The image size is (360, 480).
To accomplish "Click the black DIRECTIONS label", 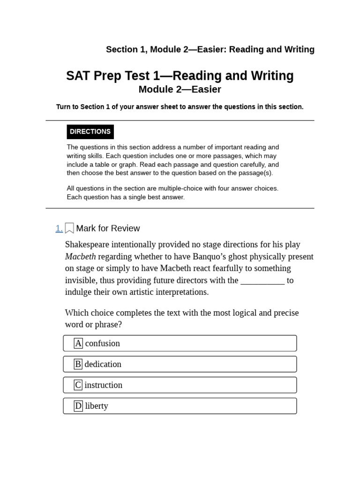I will click(90, 132).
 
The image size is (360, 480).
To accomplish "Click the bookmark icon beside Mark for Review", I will click(69, 228).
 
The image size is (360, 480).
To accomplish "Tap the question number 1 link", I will click(59, 228).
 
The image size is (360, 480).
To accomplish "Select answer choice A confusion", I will click(180, 343).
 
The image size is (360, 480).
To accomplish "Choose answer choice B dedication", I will click(180, 364).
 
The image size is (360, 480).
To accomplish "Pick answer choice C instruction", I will click(180, 385).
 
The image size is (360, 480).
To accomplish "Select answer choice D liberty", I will click(180, 406).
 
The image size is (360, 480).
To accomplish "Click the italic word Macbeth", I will click(80, 256).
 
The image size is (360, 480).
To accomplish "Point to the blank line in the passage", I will click(262, 280).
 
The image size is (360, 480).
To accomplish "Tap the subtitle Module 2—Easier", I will click(180, 89).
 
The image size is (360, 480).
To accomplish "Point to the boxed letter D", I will click(78, 406).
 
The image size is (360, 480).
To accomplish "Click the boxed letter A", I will click(78, 343).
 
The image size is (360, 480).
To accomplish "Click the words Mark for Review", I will click(108, 228).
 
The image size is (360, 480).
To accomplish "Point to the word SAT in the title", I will click(78, 76).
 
